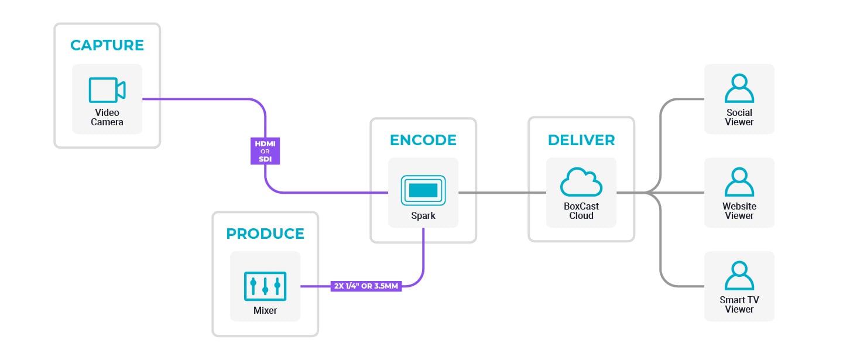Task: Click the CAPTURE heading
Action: coord(107,45)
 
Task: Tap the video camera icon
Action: coord(107,90)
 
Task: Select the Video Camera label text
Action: coord(107,117)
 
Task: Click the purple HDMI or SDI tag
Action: coord(266,151)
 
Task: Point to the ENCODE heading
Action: coord(423,140)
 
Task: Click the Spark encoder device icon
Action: coord(423,190)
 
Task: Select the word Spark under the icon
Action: coord(423,216)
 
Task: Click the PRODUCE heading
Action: coord(265,234)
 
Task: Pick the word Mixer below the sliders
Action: coord(265,311)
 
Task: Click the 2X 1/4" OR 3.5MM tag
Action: coord(366,287)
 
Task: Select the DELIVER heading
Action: coord(581,140)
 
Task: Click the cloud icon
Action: coord(581,183)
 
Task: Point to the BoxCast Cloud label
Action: coord(581,211)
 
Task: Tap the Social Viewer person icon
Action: coord(739,88)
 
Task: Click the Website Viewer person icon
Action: coord(739,182)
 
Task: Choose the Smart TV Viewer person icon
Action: coord(739,276)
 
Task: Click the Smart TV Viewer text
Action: coord(739,304)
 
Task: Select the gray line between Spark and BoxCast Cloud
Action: coord(502,193)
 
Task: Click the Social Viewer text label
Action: coord(739,117)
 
